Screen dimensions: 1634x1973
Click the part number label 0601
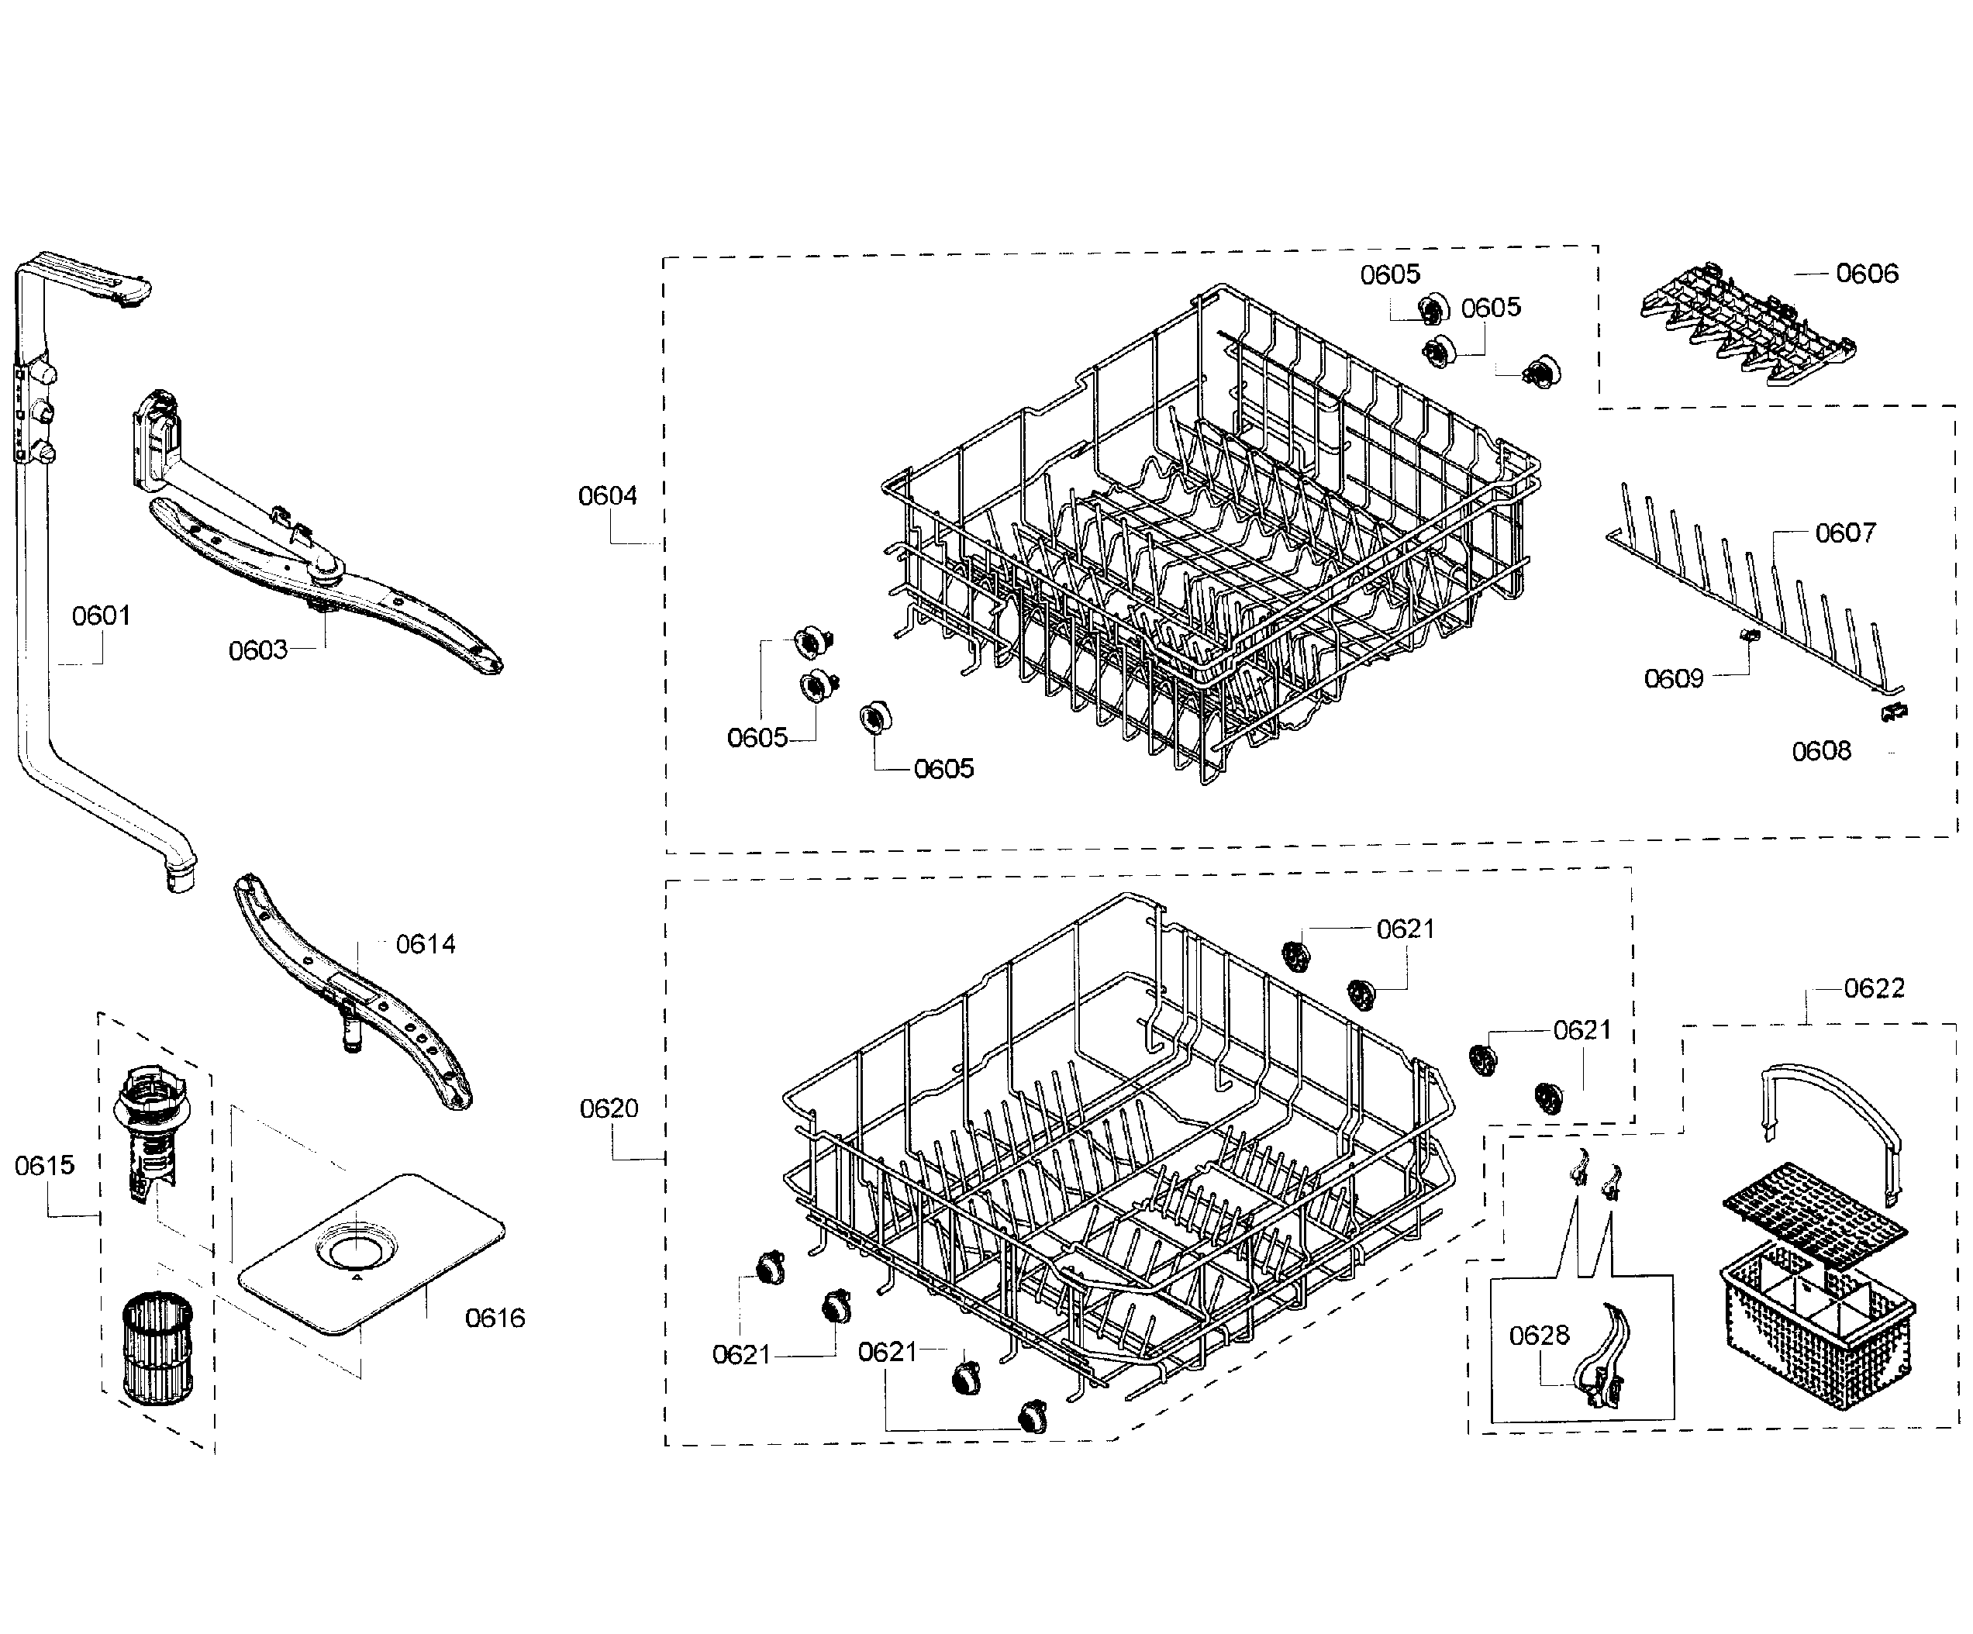pyautogui.click(x=102, y=616)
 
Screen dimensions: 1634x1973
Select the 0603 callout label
pyautogui.click(x=257, y=650)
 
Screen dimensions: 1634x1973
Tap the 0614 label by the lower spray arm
pyautogui.click(x=426, y=944)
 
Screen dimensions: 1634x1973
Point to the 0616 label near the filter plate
pyautogui.click(x=495, y=1319)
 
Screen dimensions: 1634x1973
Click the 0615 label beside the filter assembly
pyautogui.click(x=44, y=1166)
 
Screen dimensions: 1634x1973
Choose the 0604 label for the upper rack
pyautogui.click(x=607, y=496)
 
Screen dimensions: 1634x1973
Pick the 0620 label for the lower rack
pyautogui.click(x=609, y=1108)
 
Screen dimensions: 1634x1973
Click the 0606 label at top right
pyautogui.click(x=1867, y=274)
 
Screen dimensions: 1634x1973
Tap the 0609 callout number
pyautogui.click(x=1673, y=678)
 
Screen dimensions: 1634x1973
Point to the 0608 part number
pyautogui.click(x=1821, y=752)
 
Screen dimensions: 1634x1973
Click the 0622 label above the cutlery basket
pyautogui.click(x=1874, y=988)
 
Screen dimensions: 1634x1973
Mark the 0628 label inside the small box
pyautogui.click(x=1539, y=1336)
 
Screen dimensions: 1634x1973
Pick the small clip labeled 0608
pyautogui.click(x=1894, y=712)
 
